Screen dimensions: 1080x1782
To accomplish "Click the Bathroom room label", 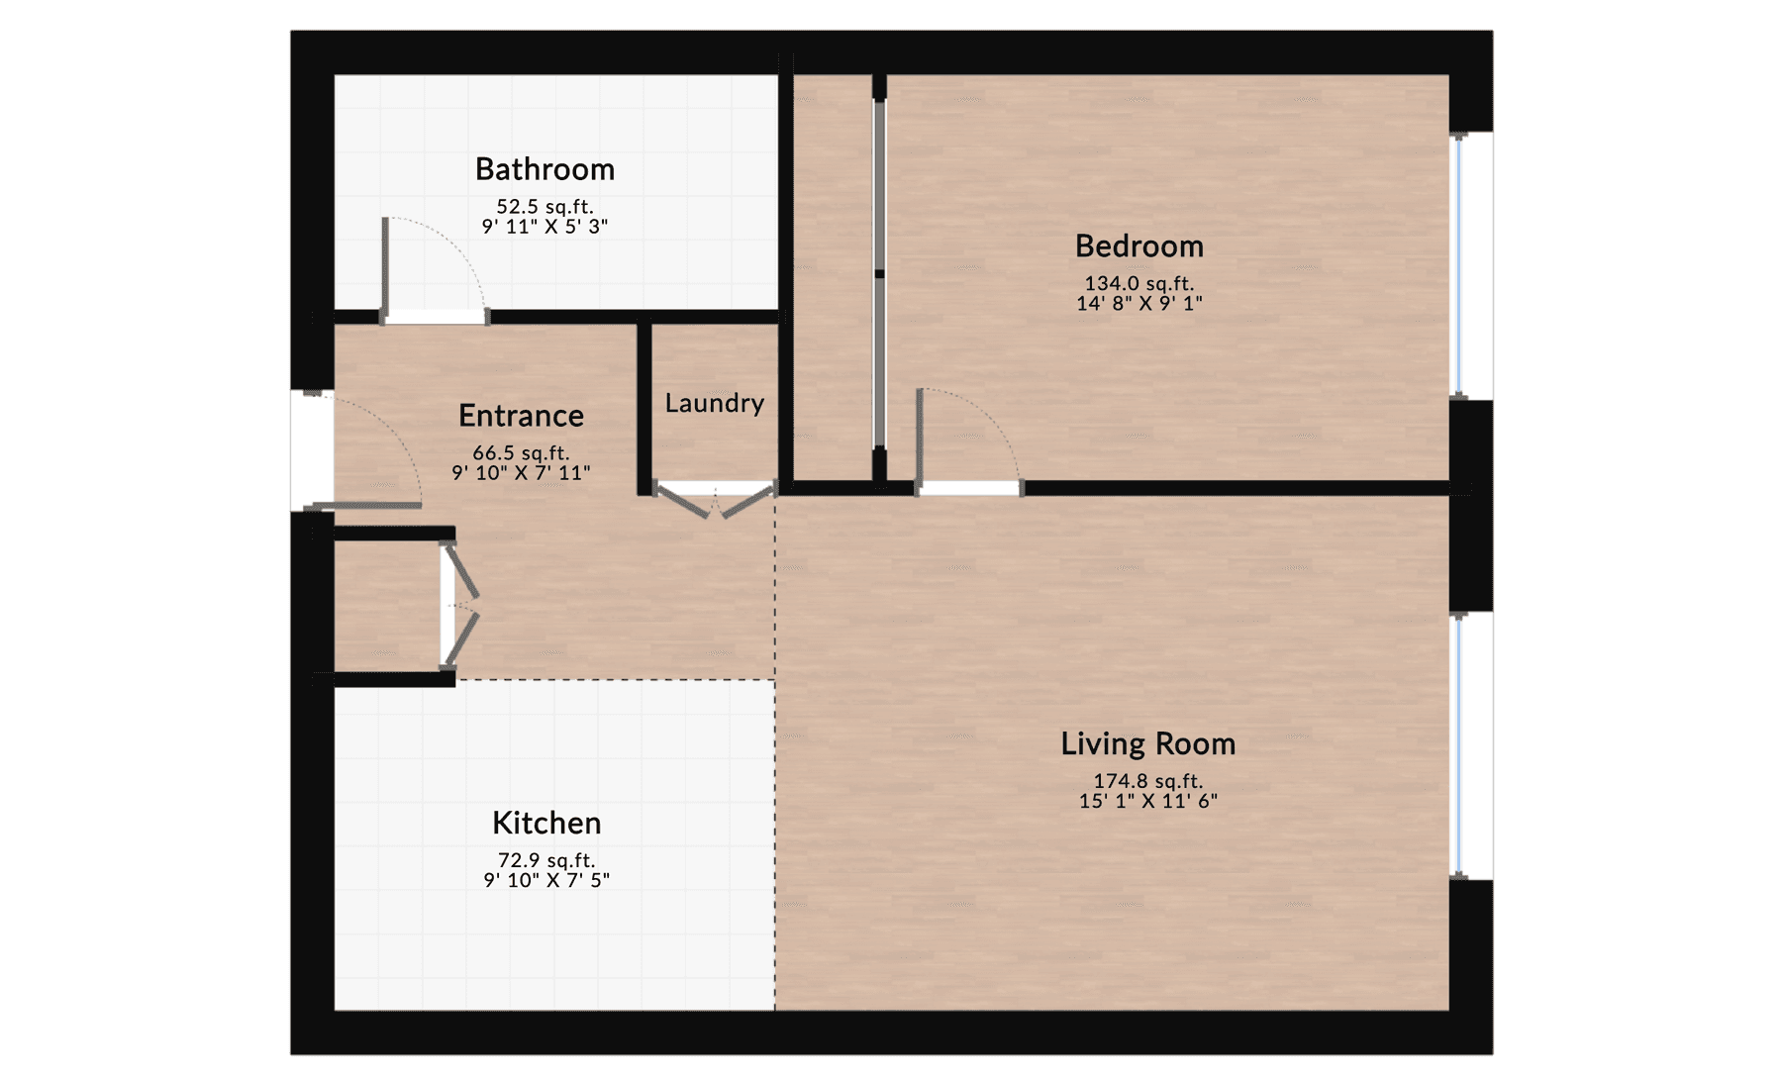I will (x=544, y=169).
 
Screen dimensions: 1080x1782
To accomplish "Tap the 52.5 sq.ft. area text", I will (x=544, y=207).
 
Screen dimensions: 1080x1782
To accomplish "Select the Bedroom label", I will (x=1138, y=245).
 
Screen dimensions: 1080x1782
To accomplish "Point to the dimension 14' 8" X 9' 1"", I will (x=1138, y=304).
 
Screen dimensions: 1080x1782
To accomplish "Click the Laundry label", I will (x=714, y=403).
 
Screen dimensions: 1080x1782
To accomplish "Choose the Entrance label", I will (x=521, y=416).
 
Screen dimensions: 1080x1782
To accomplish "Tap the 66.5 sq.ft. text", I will (x=521, y=453).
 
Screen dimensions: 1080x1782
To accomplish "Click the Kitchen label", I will (x=546, y=823).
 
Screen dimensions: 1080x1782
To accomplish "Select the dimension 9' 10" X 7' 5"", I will (x=546, y=880).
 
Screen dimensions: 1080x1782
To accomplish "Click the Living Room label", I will (x=1147, y=743).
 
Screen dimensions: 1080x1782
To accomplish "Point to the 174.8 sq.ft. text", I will (x=1147, y=781).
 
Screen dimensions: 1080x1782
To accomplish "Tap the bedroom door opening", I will (x=969, y=488).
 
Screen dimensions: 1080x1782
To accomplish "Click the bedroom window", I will (x=1457, y=265).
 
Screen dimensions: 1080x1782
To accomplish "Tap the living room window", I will (x=1457, y=744).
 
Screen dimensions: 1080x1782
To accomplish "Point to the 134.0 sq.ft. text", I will (x=1138, y=284).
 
